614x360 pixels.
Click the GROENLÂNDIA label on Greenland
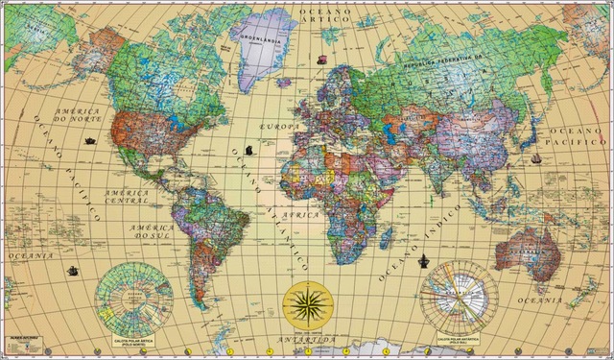tap(264, 41)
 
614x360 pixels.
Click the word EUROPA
tap(280, 126)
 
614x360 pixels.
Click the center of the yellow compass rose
tap(308, 306)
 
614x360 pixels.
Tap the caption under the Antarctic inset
tap(459, 340)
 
